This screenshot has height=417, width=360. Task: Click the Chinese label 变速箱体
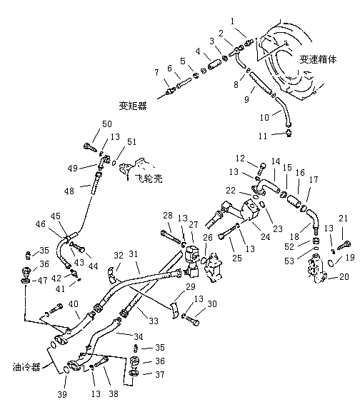pyautogui.click(x=318, y=59)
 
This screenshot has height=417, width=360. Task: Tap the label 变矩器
pyautogui.click(x=133, y=106)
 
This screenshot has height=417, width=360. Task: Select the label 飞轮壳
pyautogui.click(x=149, y=179)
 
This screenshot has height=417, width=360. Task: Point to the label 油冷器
pyautogui.click(x=26, y=367)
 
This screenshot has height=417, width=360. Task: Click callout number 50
pyautogui.click(x=107, y=124)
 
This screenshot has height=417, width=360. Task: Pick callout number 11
pyautogui.click(x=263, y=136)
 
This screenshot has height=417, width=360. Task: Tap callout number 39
pyautogui.click(x=62, y=394)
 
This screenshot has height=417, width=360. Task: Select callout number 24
pyautogui.click(x=265, y=236)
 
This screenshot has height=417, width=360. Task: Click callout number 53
pyautogui.click(x=289, y=261)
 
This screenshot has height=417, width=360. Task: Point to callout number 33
pyautogui.click(x=154, y=321)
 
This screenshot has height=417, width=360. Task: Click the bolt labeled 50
pyautogui.click(x=90, y=147)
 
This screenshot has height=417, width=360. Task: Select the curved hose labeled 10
pyautogui.click(x=284, y=111)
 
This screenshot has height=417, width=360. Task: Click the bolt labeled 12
pyautogui.click(x=261, y=168)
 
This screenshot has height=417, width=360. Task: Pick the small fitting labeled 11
pyautogui.click(x=289, y=132)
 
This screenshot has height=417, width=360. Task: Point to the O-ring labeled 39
pyautogui.click(x=66, y=370)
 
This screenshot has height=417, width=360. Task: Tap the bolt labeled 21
pyautogui.click(x=344, y=245)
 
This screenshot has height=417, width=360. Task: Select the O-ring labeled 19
pyautogui.click(x=331, y=263)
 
